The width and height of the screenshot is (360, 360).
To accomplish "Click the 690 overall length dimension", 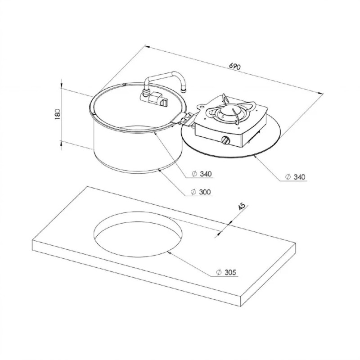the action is coord(234,67).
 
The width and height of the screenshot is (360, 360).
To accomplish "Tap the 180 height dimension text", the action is coord(58,114).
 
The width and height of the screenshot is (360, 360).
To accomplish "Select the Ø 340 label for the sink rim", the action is coord(202,174).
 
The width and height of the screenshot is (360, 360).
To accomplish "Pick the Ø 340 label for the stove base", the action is coord(295,177).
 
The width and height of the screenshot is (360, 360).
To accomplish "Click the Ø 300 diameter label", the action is coord(201,192).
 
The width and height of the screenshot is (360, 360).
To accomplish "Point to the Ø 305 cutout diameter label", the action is coord(226,272).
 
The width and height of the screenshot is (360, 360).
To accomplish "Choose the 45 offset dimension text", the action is coord(242,206).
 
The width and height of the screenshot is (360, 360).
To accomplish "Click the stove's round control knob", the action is coord(225,140).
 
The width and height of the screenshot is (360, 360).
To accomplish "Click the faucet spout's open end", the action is coord(183,90).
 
